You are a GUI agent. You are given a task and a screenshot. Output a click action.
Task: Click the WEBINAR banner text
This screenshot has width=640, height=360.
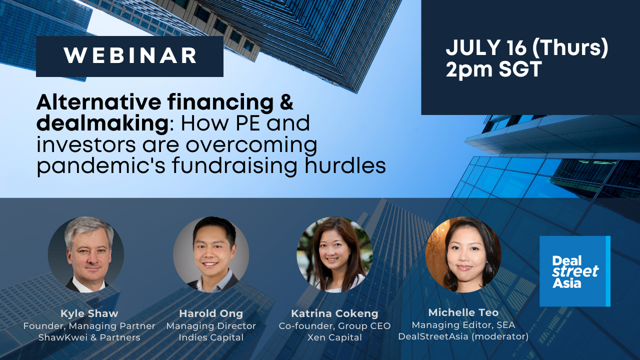(130, 55)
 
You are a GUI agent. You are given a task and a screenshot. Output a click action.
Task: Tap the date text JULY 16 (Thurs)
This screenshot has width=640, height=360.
(527, 47)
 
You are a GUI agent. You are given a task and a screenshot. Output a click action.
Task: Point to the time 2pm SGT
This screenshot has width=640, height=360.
(494, 69)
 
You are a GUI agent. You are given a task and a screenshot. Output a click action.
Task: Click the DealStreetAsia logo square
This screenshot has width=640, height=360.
(575, 271)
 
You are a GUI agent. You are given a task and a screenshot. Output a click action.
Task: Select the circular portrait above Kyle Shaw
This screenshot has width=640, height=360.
(86, 254)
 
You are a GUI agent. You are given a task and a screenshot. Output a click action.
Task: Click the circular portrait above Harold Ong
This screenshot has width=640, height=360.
(211, 254)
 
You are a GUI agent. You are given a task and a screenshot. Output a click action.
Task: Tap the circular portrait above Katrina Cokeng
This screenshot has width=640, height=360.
(334, 254)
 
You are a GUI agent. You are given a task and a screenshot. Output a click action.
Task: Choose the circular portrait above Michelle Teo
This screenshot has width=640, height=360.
(463, 254)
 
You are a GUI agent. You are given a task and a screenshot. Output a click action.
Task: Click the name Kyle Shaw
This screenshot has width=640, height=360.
(89, 313)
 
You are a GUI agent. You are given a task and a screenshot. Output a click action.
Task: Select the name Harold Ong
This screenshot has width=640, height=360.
(211, 313)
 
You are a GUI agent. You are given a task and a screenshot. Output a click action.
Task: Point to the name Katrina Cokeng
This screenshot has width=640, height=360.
(334, 313)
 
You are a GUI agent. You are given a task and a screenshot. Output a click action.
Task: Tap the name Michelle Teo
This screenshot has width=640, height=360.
(463, 312)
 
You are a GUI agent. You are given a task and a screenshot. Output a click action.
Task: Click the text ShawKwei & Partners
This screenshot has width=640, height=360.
(89, 337)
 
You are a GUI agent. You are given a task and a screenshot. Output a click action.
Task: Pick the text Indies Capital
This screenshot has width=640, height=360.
(211, 337)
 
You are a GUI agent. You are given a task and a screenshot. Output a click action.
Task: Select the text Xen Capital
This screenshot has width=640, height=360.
(334, 337)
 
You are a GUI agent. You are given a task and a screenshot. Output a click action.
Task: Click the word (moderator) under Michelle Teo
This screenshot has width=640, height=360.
(500, 336)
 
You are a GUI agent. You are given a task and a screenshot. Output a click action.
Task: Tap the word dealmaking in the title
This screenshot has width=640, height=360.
(102, 123)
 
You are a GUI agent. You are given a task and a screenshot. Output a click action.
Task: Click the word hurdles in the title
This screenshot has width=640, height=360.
(345, 165)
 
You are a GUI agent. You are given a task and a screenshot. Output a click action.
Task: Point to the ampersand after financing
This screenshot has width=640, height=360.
(286, 102)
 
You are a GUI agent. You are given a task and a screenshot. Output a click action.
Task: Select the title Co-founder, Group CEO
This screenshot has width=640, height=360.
(334, 326)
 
